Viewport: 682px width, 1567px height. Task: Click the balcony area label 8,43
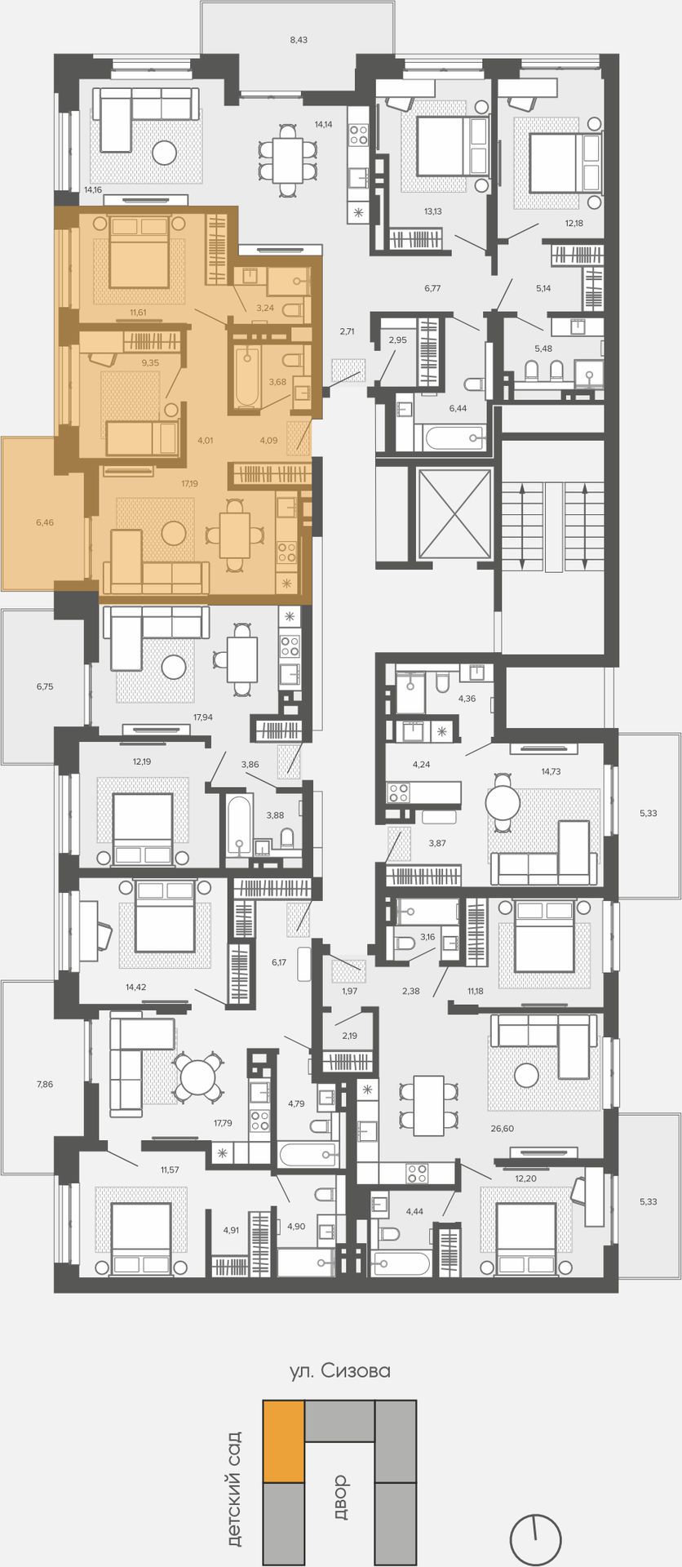tap(299, 39)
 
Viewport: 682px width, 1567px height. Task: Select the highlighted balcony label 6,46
tap(45, 522)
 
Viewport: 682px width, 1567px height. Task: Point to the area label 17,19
tap(189, 483)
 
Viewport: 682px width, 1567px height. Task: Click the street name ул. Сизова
tap(340, 1371)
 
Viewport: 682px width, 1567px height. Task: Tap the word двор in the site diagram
tap(340, 1497)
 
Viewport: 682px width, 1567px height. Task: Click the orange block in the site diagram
tap(283, 1441)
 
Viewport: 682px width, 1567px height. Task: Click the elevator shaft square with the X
tap(454, 513)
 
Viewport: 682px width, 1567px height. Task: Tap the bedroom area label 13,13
tap(432, 211)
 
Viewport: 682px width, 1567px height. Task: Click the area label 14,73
tap(551, 770)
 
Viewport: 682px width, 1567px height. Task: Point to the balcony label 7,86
tap(45, 1084)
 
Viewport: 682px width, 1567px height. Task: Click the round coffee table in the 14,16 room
tap(166, 153)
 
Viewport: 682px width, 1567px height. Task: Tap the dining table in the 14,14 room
tap(288, 160)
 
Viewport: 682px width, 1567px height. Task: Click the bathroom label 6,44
tap(458, 408)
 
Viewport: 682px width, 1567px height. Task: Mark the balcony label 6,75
tap(45, 686)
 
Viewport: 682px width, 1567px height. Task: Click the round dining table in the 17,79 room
tap(197, 1076)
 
